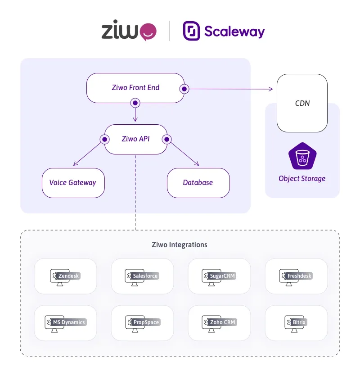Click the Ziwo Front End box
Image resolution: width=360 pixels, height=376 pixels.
click(135, 88)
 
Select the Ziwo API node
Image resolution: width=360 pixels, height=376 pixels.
click(135, 139)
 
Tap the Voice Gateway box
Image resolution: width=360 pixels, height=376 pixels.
click(73, 183)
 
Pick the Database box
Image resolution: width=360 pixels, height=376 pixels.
click(198, 183)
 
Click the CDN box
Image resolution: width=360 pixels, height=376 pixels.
click(302, 103)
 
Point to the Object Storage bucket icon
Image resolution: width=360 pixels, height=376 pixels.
click(302, 156)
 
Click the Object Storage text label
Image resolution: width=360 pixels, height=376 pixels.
click(302, 178)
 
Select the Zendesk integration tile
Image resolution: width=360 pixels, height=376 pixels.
click(65, 276)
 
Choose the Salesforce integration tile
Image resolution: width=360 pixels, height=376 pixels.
click(142, 276)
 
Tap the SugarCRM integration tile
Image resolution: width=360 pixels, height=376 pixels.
click(219, 276)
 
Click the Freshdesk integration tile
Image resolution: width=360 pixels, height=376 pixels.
click(296, 276)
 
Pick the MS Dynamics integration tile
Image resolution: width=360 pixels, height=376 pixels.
click(65, 323)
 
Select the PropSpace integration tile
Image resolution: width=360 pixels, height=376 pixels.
click(142, 323)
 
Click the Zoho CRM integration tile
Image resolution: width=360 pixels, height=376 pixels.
click(219, 323)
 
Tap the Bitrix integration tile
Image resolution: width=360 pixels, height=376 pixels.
click(296, 323)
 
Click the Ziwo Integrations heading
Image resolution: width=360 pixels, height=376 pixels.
click(180, 245)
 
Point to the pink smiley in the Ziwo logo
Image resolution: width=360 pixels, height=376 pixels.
click(148, 32)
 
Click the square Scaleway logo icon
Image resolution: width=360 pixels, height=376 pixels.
click(191, 31)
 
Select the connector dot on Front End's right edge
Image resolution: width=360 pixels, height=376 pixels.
click(184, 89)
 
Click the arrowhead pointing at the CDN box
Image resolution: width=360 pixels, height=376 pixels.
click(271, 89)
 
